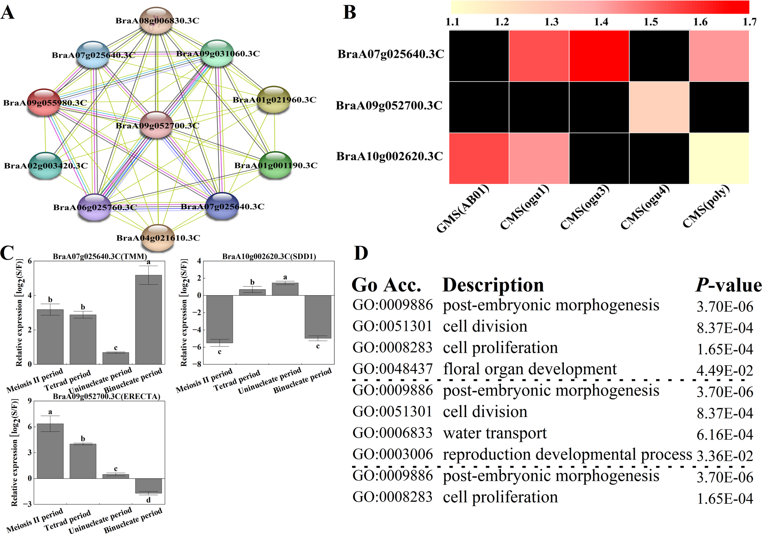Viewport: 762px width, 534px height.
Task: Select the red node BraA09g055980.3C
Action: pyautogui.click(x=44, y=102)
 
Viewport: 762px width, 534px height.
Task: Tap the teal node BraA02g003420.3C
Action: pyautogui.click(x=46, y=166)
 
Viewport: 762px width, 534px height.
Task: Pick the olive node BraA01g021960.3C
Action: pyautogui.click(x=274, y=99)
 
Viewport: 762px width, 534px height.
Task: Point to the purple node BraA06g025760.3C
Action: pyautogui.click(x=94, y=207)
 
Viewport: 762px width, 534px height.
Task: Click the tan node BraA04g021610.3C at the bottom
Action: pyautogui.click(x=158, y=238)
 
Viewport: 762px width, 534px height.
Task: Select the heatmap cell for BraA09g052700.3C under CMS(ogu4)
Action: pyautogui.click(x=659, y=107)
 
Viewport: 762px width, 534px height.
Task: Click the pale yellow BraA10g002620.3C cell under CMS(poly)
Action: pyautogui.click(x=719, y=158)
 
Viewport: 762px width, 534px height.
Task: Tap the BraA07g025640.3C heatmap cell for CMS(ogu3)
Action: pyautogui.click(x=599, y=56)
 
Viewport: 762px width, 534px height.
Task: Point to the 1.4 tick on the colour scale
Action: pyautogui.click(x=601, y=22)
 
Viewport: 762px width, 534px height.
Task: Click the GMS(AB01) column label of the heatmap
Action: pyautogui.click(x=462, y=208)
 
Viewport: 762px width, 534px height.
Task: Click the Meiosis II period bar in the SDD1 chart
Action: pyautogui.click(x=219, y=319)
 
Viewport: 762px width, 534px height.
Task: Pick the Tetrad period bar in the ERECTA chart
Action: pyautogui.click(x=83, y=461)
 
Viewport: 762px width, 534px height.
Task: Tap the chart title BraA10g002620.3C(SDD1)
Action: pyautogui.click(x=269, y=257)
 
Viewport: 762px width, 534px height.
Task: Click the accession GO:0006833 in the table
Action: pyautogui.click(x=392, y=433)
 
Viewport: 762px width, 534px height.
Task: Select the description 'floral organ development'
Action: pyautogui.click(x=530, y=369)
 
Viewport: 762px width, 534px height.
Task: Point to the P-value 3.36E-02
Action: pyautogui.click(x=725, y=456)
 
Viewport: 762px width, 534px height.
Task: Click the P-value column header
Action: pyautogui.click(x=728, y=285)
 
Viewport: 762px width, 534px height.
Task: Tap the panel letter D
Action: pyautogui.click(x=361, y=253)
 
